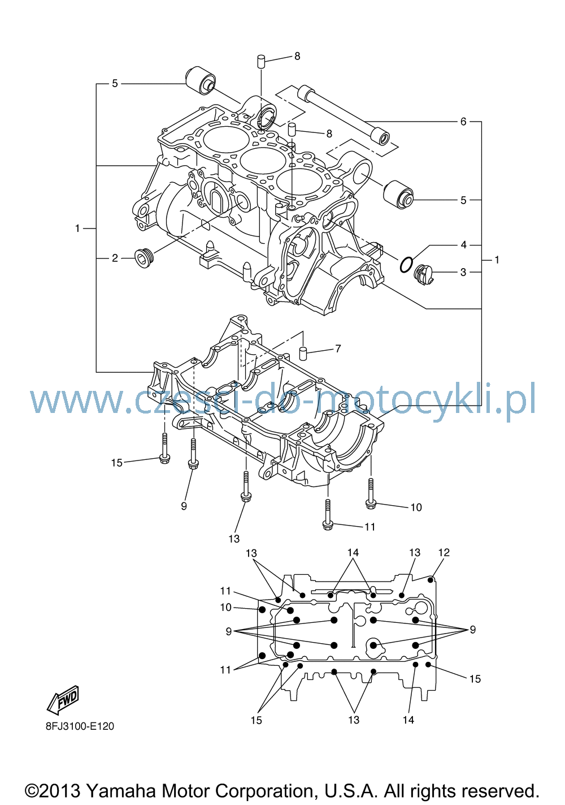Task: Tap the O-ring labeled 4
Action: click(406, 265)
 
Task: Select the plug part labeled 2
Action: click(144, 259)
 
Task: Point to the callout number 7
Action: click(338, 348)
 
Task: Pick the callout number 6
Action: click(463, 122)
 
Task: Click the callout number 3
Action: click(463, 272)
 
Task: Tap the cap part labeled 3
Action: click(424, 274)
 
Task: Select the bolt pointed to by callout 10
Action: click(371, 493)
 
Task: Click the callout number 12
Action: click(444, 552)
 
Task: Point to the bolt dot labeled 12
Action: click(431, 580)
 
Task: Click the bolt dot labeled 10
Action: click(262, 609)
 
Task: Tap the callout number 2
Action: click(115, 258)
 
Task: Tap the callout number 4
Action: click(463, 245)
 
